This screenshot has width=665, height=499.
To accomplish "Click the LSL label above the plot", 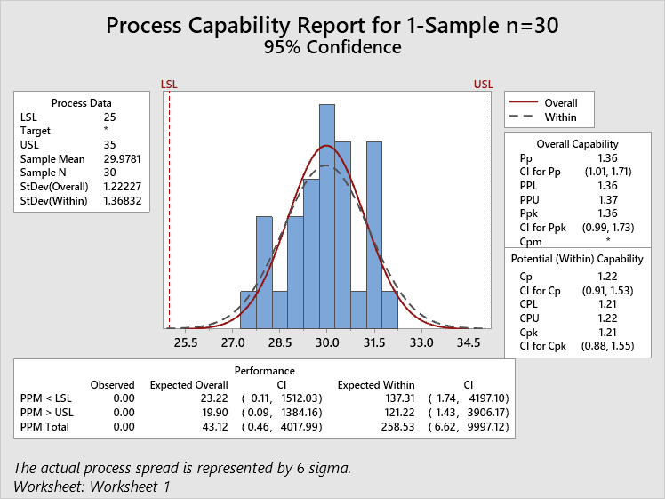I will [169, 85].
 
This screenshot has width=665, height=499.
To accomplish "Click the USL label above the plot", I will [483, 85].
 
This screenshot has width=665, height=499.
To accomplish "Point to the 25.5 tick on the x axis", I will [186, 342].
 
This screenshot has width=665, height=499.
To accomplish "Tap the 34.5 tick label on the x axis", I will [469, 342].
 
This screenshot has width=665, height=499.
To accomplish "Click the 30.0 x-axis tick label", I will [327, 342].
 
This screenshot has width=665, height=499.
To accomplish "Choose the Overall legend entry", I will [561, 103].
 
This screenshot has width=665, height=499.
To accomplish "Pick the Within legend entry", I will [561, 117].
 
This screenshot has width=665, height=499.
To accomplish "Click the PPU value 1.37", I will [607, 200].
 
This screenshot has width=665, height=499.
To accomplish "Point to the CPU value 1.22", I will [607, 317].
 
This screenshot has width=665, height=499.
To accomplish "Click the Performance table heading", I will [265, 370].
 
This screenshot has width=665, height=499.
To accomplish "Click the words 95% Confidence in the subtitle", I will [332, 47].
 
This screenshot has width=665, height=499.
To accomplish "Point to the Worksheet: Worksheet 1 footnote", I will [92, 486].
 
